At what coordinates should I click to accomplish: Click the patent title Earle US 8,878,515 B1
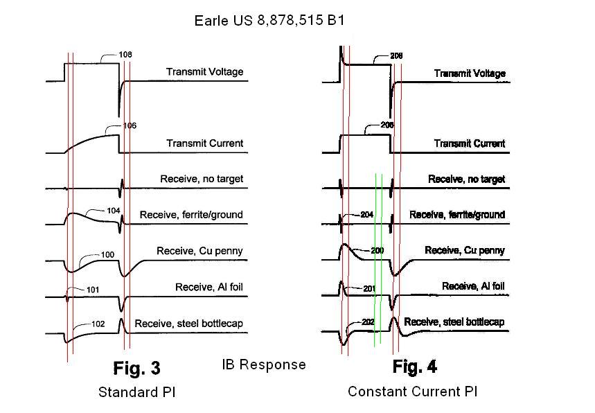pos(269,21)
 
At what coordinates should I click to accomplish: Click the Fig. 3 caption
pos(136,367)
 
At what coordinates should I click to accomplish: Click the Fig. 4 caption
pos(414,366)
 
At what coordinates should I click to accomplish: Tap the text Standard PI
pos(136,392)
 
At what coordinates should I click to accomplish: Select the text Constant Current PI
pos(412,392)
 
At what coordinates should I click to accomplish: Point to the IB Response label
pos(264,364)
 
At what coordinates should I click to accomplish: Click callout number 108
pos(125,55)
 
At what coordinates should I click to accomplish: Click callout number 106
pos(130,126)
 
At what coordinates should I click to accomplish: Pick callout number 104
pos(114,211)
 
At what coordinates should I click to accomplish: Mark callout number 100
pos(107,255)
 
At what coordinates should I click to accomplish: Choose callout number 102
pos(98,323)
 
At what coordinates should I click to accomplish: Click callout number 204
pos(366,215)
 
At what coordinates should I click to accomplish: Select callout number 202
pos(368,322)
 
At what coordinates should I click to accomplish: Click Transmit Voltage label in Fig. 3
pos(204,72)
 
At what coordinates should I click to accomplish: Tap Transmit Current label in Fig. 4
pos(469,143)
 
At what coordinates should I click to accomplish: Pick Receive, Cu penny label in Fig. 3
pos(199,251)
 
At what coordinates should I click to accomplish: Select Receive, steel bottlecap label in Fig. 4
pos(454,322)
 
